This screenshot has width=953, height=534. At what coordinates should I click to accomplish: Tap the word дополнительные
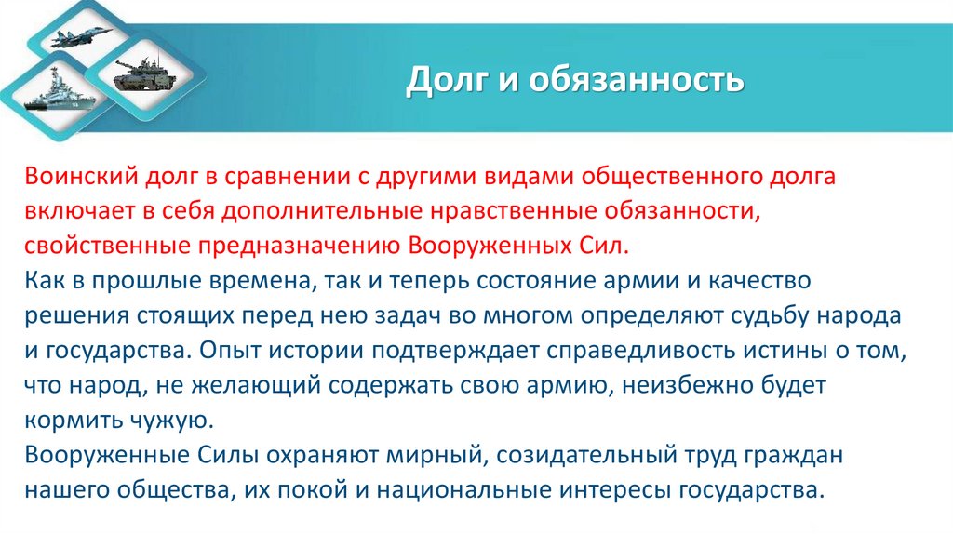pyautogui.click(x=315, y=211)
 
